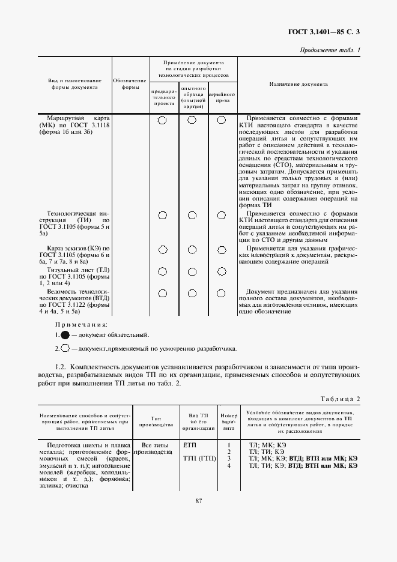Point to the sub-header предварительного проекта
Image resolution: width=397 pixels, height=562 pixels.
coord(163,98)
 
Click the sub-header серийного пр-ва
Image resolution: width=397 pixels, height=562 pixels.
coord(222,98)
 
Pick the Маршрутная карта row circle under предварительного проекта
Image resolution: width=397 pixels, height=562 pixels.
coord(163,120)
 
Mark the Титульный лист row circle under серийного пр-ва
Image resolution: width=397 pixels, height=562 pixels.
coord(222,271)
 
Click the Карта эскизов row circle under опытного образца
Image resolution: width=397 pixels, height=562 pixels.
coord(192,250)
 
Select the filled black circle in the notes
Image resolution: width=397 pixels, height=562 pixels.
coord(65,335)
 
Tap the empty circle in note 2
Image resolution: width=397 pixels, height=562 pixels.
coord(65,348)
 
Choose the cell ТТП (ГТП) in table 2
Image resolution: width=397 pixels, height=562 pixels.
coord(199,459)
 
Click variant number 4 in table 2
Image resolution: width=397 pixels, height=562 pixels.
coord(229,465)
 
